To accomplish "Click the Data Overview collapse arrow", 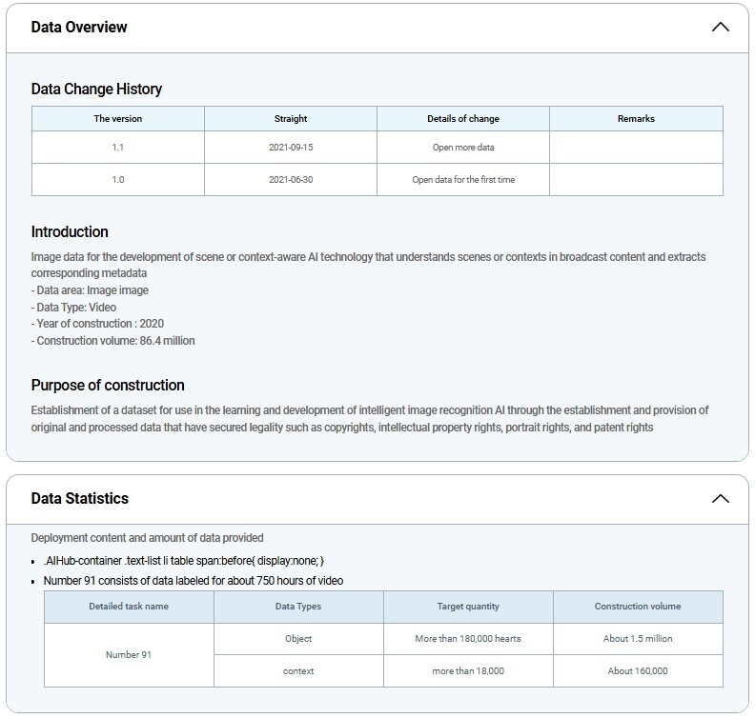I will [721, 27].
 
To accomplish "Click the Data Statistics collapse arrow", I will [721, 498].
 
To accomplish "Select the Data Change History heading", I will [96, 89].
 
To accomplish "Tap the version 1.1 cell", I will [118, 148].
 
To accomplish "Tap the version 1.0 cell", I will [118, 179].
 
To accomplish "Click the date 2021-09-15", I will [291, 148].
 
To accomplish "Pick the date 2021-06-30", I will [291, 179].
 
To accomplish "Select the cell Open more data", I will [463, 148].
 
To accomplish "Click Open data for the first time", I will [463, 179].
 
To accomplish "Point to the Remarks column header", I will [636, 119].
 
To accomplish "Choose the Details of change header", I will [463, 119].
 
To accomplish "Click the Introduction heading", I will [70, 231].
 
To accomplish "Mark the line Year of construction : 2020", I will [97, 324].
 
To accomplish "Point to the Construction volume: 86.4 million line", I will [112, 341].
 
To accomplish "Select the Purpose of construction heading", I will [108, 385].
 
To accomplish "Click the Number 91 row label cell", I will [129, 654].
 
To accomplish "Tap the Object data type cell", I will [298, 638].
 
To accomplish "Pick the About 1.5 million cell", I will [638, 638].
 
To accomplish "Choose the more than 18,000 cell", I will [468, 670].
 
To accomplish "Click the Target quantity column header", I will [468, 607].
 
